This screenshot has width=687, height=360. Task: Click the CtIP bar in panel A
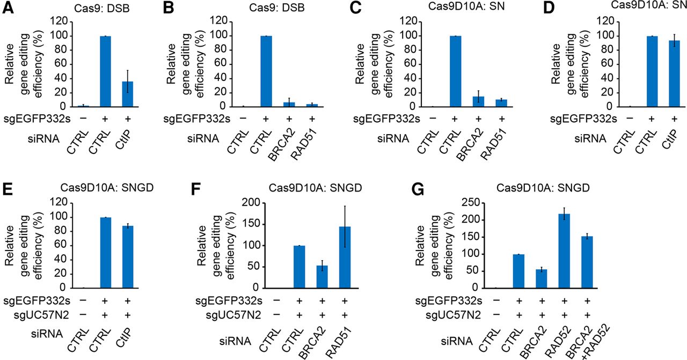tap(128, 94)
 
